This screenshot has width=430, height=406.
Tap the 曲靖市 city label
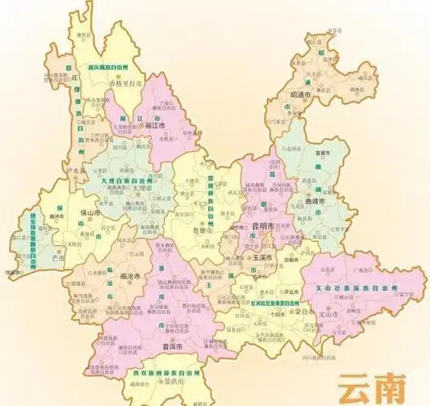click(x=313, y=201)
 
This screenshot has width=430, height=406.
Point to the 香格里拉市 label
click(x=124, y=84)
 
